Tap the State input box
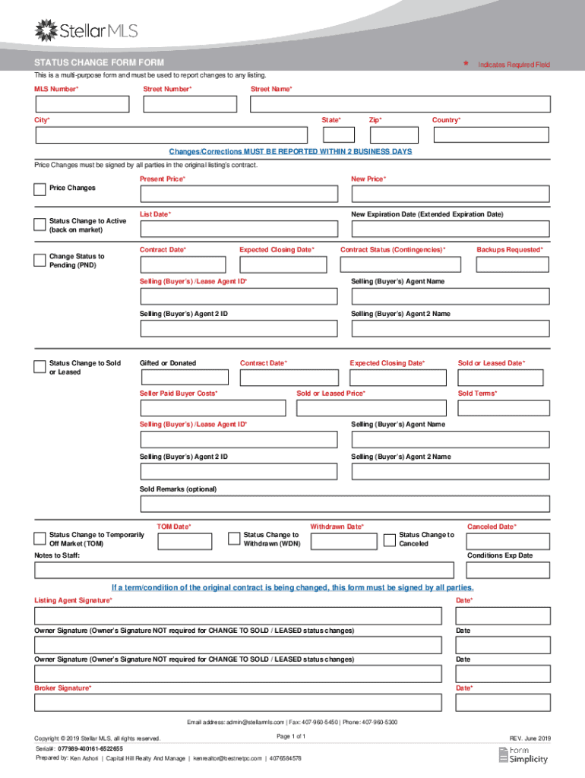coord(338,135)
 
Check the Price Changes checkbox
coord(40,189)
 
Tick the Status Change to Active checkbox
coord(40,224)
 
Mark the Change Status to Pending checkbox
coord(40,261)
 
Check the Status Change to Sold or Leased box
coord(40,367)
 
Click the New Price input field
coord(450,194)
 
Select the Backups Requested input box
coord(513,264)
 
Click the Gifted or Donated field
coord(184,377)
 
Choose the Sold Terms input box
coord(500,408)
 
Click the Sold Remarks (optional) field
coord(345,504)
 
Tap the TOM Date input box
coord(185,541)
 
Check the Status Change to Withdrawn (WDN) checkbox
coord(235,539)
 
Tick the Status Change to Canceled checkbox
coord(391,539)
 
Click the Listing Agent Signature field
coord(238,615)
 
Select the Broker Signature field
coord(238,703)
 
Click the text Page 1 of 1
coord(292,737)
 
